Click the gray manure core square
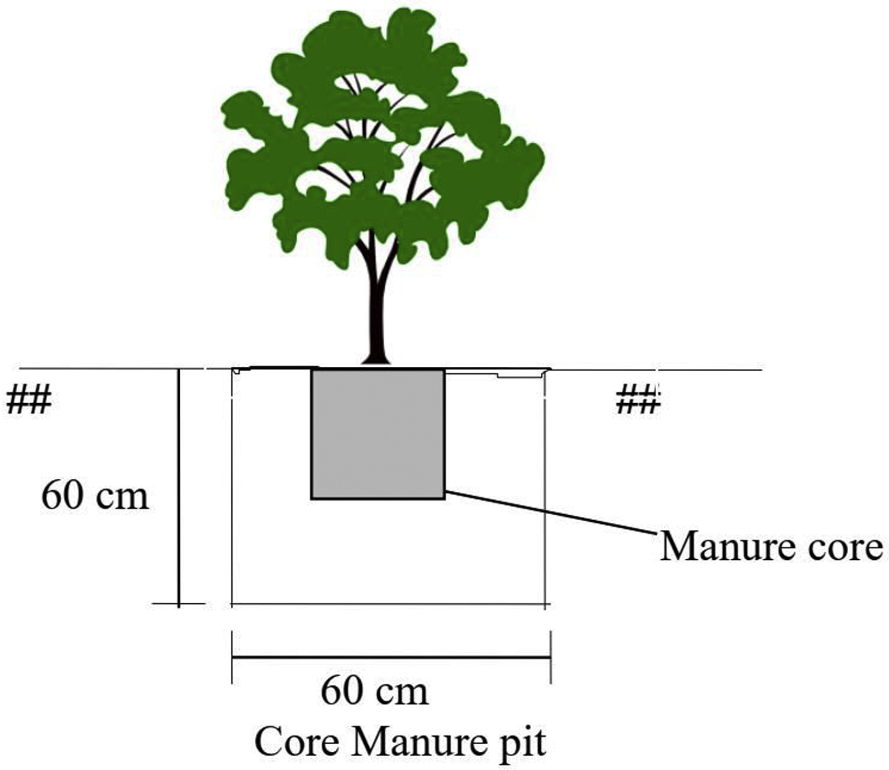click(378, 434)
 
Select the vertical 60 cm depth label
click(94, 495)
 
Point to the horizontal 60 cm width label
click(374, 691)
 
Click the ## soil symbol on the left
click(29, 400)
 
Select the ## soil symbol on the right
click(637, 400)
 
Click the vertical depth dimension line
click(179, 483)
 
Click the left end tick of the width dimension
click(232, 657)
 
